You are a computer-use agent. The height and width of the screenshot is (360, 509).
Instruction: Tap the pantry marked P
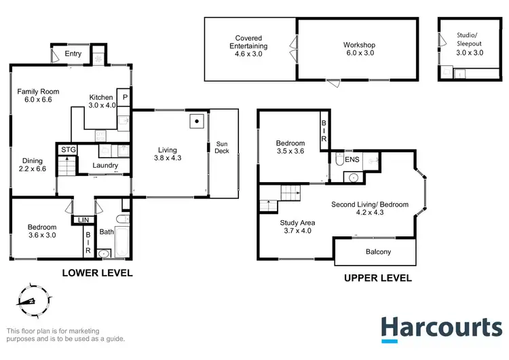(125, 98)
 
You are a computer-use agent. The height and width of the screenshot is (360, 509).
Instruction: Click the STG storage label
(67, 149)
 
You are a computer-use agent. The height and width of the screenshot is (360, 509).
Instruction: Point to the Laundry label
(105, 165)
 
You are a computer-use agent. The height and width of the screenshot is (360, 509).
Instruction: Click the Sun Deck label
(223, 147)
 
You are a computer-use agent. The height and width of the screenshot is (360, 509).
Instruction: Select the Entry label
(73, 54)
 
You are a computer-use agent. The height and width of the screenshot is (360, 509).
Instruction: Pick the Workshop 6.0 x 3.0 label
(359, 50)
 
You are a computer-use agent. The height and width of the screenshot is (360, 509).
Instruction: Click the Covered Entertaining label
(248, 46)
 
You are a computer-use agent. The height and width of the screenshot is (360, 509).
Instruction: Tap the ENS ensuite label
(352, 160)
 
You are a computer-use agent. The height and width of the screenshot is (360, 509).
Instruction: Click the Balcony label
(375, 252)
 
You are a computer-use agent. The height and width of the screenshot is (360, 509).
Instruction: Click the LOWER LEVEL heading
(97, 273)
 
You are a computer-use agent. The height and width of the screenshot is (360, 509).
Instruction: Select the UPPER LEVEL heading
(377, 278)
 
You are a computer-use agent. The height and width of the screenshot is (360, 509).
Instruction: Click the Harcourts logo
(441, 327)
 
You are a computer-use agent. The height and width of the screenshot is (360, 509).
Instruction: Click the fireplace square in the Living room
(196, 122)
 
